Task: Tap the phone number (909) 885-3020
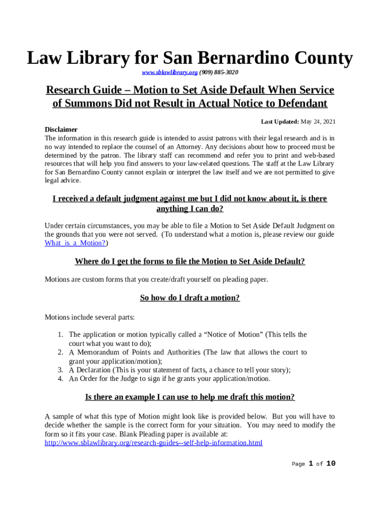coord(219,73)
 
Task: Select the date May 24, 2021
coord(318,121)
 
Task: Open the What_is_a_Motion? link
coord(75,243)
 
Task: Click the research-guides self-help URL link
coord(153,443)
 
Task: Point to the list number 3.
coord(59,370)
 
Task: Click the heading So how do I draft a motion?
coord(190,298)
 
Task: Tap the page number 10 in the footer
coord(331,464)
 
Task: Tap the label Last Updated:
coord(280,121)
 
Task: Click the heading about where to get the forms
coord(190,261)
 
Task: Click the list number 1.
coord(59,335)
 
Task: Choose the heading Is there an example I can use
coord(190,397)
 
